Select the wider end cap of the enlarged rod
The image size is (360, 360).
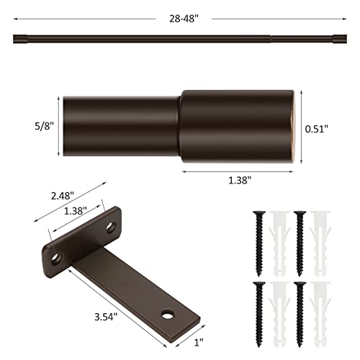(238, 125)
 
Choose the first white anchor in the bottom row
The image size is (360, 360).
(278, 310)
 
